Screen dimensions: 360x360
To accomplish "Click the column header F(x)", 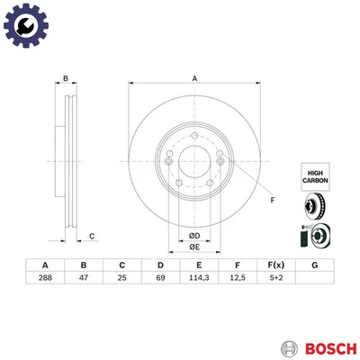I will click(x=275, y=265).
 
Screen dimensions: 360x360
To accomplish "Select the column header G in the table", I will click(x=313, y=265).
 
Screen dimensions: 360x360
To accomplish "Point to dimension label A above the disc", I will click(x=194, y=79).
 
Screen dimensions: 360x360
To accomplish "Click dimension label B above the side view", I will click(x=66, y=79).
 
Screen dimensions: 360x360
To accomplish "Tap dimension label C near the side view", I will click(x=92, y=236).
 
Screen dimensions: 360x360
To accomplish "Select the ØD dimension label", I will click(x=193, y=236).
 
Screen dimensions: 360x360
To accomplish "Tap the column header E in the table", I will click(x=198, y=265).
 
